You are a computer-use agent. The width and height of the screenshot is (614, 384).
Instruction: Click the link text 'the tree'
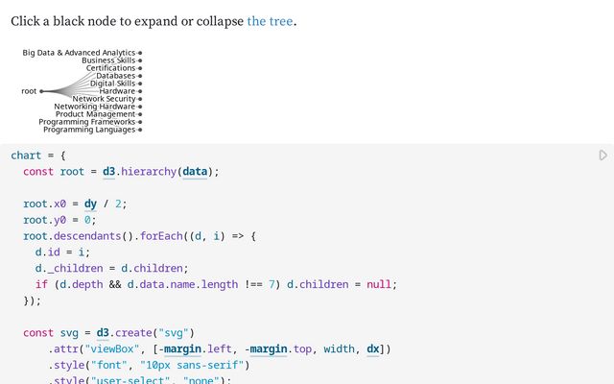pyautogui.click(x=270, y=21)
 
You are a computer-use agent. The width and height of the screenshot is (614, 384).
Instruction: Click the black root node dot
pyautogui.click(x=41, y=91)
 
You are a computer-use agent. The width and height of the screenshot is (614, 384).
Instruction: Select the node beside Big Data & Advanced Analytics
pyautogui.click(x=140, y=53)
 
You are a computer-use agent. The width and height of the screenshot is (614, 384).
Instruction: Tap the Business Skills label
pyautogui.click(x=108, y=60)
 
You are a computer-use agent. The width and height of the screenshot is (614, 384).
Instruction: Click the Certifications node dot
pyautogui.click(x=140, y=68)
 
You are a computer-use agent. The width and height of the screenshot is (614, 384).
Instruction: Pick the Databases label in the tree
pyautogui.click(x=115, y=76)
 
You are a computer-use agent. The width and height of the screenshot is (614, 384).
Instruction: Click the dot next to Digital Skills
pyautogui.click(x=140, y=84)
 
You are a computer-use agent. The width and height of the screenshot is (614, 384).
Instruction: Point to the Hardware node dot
pyautogui.click(x=140, y=91)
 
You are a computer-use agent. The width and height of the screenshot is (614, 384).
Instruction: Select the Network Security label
pyautogui.click(x=104, y=99)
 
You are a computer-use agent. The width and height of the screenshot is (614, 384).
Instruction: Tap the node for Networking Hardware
pyautogui.click(x=140, y=107)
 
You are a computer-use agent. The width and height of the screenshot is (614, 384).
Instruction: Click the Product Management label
pyautogui.click(x=96, y=114)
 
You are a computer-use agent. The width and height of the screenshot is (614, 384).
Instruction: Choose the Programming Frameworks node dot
pyautogui.click(x=140, y=122)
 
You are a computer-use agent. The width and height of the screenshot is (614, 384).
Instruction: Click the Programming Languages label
pyautogui.click(x=89, y=130)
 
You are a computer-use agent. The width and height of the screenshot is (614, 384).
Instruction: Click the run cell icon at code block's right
pyautogui.click(x=603, y=156)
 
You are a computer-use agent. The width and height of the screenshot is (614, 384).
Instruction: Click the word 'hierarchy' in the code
pyautogui.click(x=149, y=172)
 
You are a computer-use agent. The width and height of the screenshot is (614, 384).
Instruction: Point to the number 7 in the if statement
pyautogui.click(x=272, y=284)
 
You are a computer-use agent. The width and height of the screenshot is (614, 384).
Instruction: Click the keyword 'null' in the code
pyautogui.click(x=379, y=284)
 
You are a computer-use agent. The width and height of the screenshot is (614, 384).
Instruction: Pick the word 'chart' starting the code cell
pyautogui.click(x=26, y=156)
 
